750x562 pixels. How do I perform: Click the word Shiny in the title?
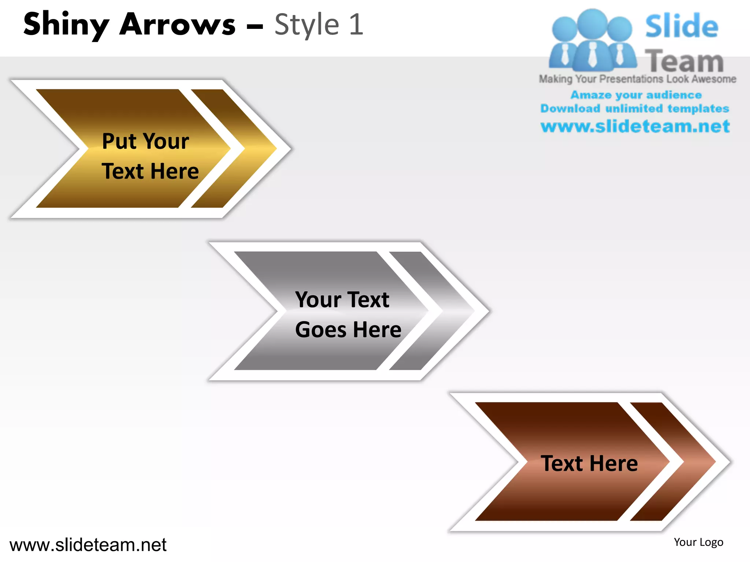tap(66, 25)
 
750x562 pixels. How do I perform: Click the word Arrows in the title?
tap(177, 25)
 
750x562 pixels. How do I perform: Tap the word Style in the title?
tap(307, 25)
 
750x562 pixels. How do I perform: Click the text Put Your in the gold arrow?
tap(145, 141)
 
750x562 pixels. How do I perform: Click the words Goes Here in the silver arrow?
tap(348, 329)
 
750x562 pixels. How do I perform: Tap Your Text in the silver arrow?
tap(342, 300)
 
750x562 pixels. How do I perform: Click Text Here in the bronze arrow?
tap(589, 463)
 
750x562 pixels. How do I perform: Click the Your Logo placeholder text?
tap(698, 542)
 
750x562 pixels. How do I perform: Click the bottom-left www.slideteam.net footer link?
tap(88, 545)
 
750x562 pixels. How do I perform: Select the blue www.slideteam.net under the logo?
tap(635, 127)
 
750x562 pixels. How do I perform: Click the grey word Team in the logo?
tap(684, 61)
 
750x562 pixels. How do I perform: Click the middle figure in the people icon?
tap(592, 40)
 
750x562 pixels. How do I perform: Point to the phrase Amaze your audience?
tap(636, 95)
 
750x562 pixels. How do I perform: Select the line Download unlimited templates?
tap(635, 109)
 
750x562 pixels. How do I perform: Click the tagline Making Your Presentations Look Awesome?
tap(637, 79)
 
